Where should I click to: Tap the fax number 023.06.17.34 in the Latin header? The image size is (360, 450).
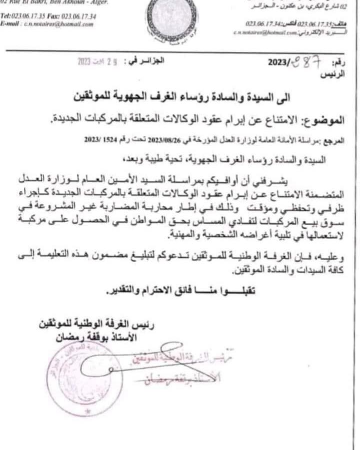coord(79,16)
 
